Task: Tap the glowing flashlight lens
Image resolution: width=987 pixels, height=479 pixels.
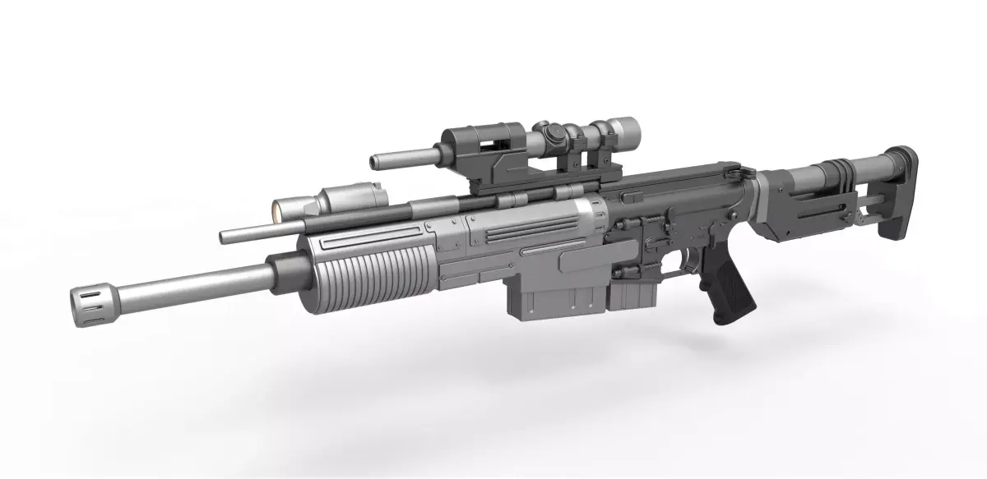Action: pyautogui.click(x=278, y=210)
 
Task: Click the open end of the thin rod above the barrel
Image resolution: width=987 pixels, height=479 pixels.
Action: pyautogui.click(x=224, y=237)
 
